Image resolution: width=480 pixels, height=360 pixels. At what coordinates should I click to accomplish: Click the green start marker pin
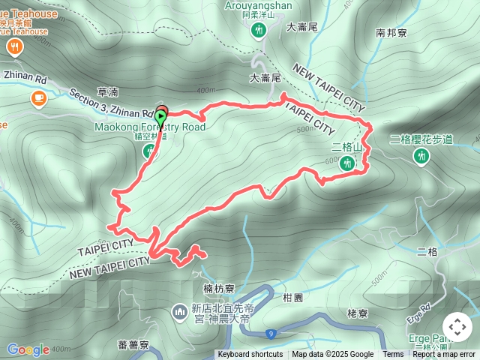pyautogui.click(x=161, y=118)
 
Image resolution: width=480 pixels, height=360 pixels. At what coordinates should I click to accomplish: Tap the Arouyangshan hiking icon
pyautogui.click(x=259, y=31)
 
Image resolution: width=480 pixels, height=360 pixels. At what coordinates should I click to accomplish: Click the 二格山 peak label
pyautogui.click(x=346, y=146)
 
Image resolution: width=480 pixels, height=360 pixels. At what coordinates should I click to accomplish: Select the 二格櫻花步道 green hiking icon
pyautogui.click(x=421, y=156)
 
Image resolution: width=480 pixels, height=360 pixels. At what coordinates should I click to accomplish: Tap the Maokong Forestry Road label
pyautogui.click(x=149, y=127)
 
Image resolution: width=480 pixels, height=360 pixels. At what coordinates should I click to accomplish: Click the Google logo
pyautogui.click(x=28, y=349)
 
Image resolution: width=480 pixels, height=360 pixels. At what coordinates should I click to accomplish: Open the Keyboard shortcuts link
pyautogui.click(x=250, y=355)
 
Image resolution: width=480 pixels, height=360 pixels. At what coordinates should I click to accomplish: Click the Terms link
pyautogui.click(x=393, y=355)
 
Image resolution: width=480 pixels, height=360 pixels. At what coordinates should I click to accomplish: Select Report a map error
pyautogui.click(x=445, y=355)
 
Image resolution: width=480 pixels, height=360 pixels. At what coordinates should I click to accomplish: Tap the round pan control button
pyautogui.click(x=457, y=327)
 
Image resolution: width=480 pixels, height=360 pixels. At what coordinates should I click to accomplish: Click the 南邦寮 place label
pyautogui.click(x=391, y=34)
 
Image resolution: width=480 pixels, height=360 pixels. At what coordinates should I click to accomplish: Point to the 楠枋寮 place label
pyautogui.click(x=220, y=288)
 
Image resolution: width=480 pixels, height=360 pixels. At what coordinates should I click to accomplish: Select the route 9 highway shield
pyautogui.click(x=271, y=334)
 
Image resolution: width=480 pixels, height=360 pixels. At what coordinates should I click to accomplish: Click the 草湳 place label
pyautogui.click(x=108, y=91)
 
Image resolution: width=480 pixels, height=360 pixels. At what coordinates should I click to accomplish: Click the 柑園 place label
pyautogui.click(x=293, y=297)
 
